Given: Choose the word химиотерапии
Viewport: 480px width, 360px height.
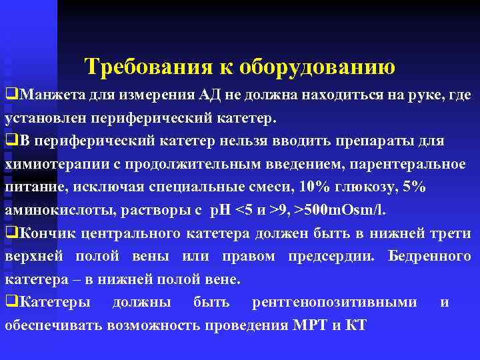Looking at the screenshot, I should (x=48, y=165).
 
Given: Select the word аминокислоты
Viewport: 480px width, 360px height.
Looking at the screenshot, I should (x=48, y=211).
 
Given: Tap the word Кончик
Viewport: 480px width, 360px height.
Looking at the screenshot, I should (x=44, y=233).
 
